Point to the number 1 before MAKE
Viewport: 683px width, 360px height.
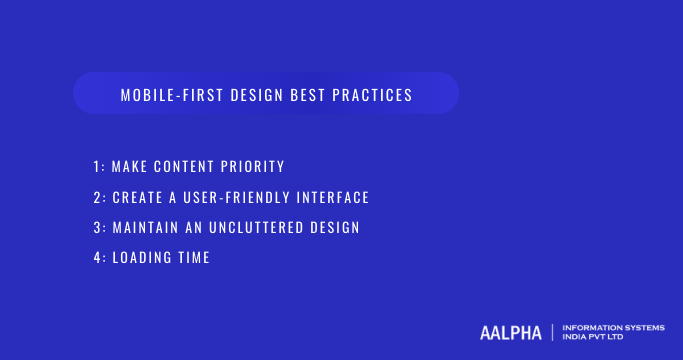click(x=94, y=166)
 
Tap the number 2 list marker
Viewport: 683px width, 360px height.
click(x=94, y=197)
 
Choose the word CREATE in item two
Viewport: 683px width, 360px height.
click(x=140, y=197)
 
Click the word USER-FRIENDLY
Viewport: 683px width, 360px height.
click(x=243, y=197)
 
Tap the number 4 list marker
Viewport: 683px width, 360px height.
click(x=94, y=258)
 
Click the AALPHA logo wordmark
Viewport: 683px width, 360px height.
click(x=511, y=332)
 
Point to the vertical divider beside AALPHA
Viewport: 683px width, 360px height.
click(x=552, y=332)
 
